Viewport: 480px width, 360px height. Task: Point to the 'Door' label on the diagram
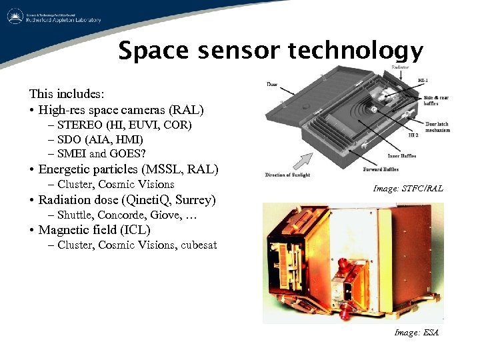pyautogui.click(x=272, y=84)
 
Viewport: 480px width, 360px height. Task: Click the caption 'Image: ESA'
pyautogui.click(x=416, y=332)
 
